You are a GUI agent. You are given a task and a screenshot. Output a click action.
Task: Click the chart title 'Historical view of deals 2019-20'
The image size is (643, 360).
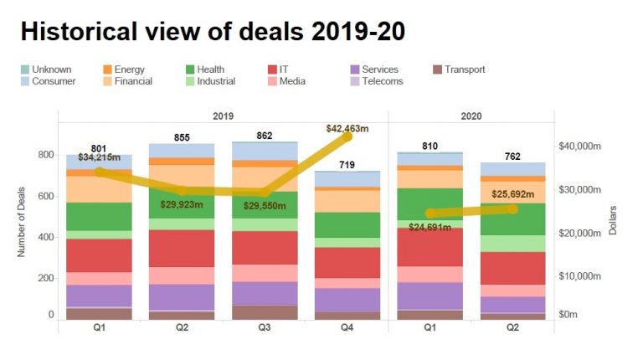tap(213, 31)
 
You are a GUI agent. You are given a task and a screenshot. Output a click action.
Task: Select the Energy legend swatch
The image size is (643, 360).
tap(108, 69)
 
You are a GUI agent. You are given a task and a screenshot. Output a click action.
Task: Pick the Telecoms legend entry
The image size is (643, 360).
tap(376, 81)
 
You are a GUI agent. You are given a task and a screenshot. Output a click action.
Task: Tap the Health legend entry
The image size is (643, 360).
tap(204, 69)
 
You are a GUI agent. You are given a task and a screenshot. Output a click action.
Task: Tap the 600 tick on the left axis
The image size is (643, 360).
tap(44, 197)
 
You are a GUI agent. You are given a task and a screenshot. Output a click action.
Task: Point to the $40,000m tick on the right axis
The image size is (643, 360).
tap(580, 147)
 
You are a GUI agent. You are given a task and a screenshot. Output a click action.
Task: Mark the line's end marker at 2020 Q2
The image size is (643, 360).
tap(512, 208)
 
